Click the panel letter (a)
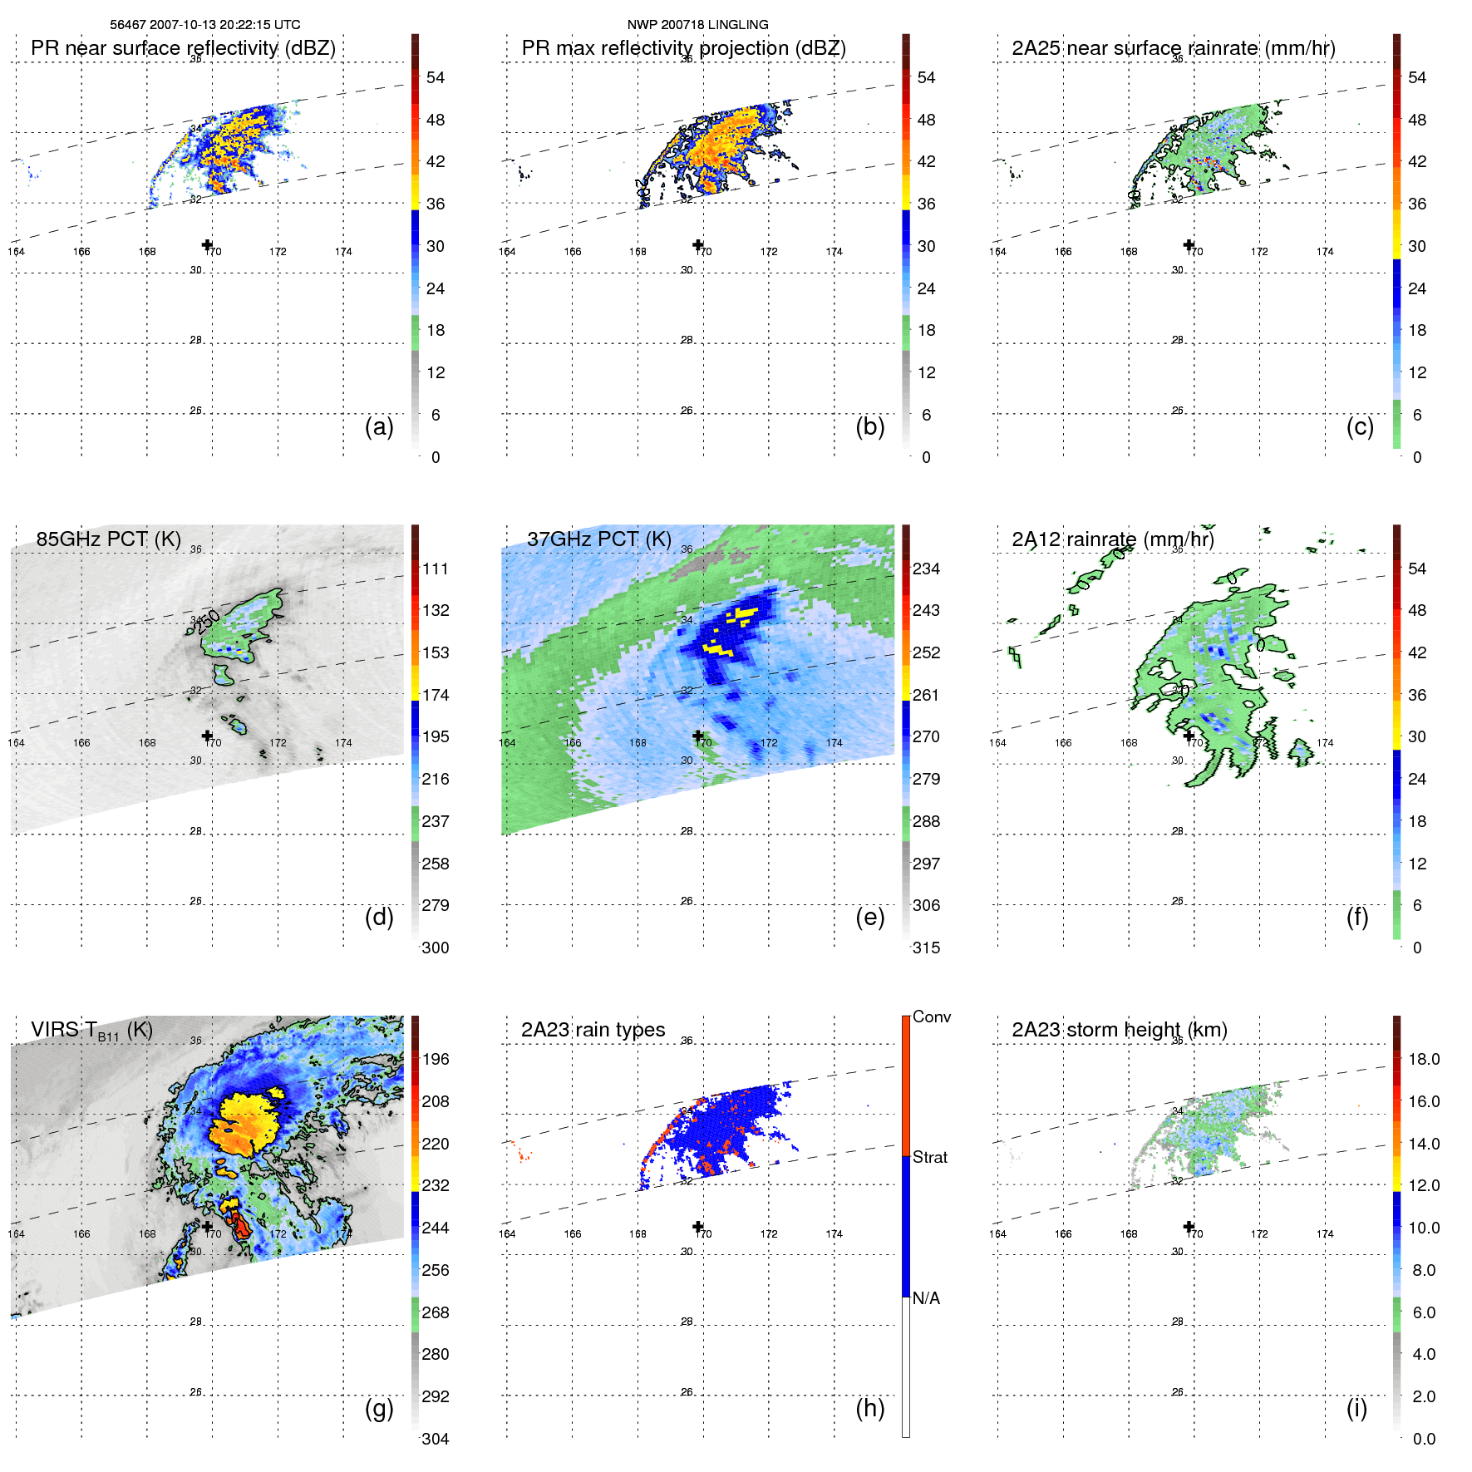pos(379,426)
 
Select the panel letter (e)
pos(869,918)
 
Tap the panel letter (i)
pos(1356,1408)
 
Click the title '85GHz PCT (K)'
pos(108,539)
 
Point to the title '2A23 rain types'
pos(593,1030)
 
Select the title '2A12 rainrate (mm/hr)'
pos(1112,539)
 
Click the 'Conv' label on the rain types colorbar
pos(931,1017)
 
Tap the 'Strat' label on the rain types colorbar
pos(929,1157)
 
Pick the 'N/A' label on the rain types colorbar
pos(926,1298)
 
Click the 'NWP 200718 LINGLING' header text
pos(697,25)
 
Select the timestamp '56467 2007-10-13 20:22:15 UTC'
pos(205,25)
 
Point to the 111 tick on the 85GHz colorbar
pos(436,569)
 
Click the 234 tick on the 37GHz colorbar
pos(926,569)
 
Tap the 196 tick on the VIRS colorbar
pos(436,1059)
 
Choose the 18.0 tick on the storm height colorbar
pos(1423,1059)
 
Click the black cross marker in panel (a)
pos(207,244)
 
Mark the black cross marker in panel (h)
pos(698,1226)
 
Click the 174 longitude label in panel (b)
pos(834,252)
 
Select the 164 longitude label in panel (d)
pos(16,743)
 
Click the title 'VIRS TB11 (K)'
pos(91,1031)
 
